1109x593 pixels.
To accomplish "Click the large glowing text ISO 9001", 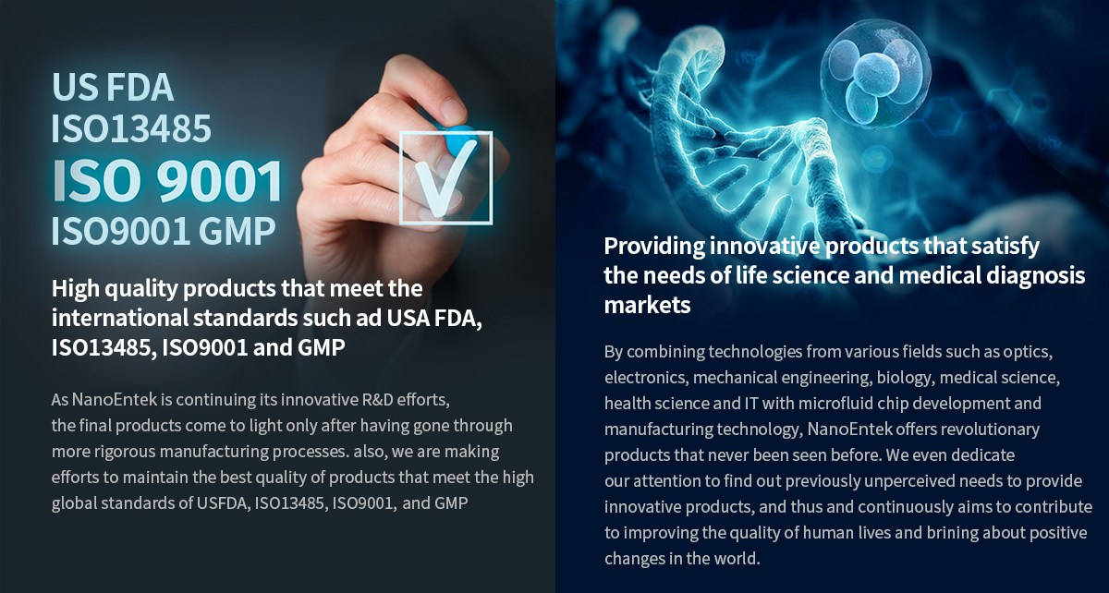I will [167, 181].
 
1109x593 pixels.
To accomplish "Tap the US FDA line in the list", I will [112, 87].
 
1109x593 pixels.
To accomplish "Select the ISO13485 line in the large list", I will [131, 129].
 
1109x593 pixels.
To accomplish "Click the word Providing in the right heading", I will [652, 247].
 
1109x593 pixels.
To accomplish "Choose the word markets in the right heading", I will [647, 305].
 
